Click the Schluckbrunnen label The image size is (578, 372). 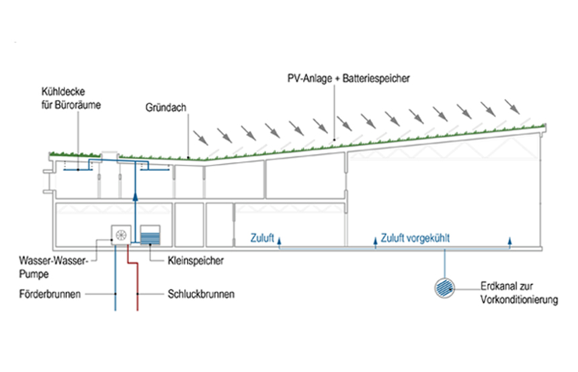(x=202, y=294)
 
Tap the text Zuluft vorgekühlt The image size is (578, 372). (x=415, y=237)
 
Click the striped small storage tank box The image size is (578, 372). (x=151, y=235)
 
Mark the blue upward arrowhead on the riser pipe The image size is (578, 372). (x=134, y=196)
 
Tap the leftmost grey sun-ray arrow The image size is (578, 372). (x=200, y=137)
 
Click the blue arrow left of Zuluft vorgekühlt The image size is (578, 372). (x=374, y=239)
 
